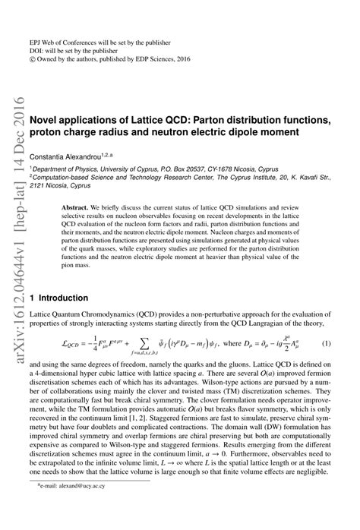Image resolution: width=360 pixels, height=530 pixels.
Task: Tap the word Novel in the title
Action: (46, 120)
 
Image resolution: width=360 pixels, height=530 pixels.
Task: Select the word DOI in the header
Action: (36, 26)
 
